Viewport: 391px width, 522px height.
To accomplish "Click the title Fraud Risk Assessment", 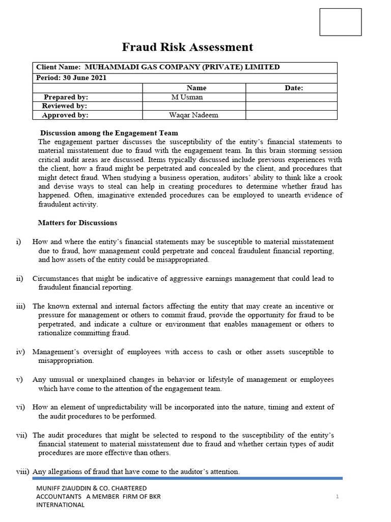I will coord(187,47).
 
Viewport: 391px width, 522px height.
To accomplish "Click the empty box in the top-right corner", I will coord(340,22).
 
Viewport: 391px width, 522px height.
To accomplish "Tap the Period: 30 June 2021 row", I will coord(71,78).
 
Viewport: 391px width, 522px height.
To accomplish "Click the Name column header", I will coord(196,88).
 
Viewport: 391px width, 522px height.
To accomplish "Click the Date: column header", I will coord(294,88).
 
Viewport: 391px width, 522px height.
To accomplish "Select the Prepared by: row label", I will coord(66,97).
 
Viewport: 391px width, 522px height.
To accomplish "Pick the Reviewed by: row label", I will coord(64,106).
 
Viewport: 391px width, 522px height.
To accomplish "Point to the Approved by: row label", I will coord(65,115).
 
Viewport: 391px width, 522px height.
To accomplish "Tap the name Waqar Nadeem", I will coord(193,115).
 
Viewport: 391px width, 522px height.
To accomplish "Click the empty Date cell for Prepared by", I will coord(291,97).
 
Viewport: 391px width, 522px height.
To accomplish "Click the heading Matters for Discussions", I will coord(77,223).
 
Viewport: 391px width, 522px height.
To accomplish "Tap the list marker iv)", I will coord(20,352).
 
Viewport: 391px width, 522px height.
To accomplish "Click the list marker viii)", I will coord(22,472).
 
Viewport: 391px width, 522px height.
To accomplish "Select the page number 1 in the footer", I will coord(337,496).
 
